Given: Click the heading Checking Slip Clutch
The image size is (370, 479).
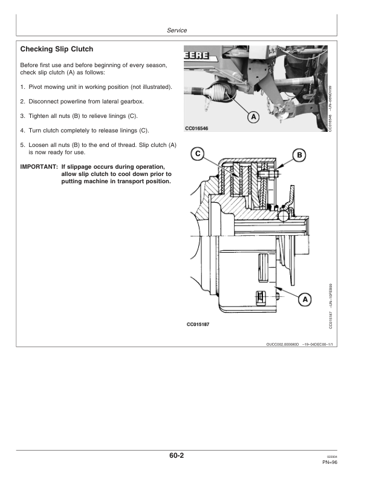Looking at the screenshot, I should point(57,48).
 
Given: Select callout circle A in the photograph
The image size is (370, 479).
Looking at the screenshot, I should point(255,116).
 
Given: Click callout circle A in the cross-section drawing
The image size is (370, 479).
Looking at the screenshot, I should point(305,299).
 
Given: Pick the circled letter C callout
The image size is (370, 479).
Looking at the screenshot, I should point(197,154).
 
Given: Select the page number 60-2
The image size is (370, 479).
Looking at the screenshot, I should point(177,457).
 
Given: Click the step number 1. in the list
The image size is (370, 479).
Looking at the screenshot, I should point(23,87).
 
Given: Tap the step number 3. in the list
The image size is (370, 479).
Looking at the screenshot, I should point(23,116).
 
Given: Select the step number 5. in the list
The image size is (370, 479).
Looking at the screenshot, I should point(23,145).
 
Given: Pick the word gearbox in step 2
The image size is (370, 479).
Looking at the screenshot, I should point(135,102).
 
